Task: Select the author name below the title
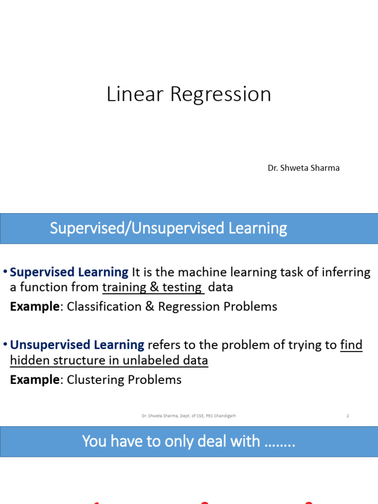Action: tap(303, 168)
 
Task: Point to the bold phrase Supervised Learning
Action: tap(69, 272)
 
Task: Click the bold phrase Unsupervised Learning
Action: tap(77, 345)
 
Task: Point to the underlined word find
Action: tap(351, 345)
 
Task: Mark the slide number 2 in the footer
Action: tap(347, 416)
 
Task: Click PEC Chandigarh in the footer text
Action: tap(220, 416)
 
